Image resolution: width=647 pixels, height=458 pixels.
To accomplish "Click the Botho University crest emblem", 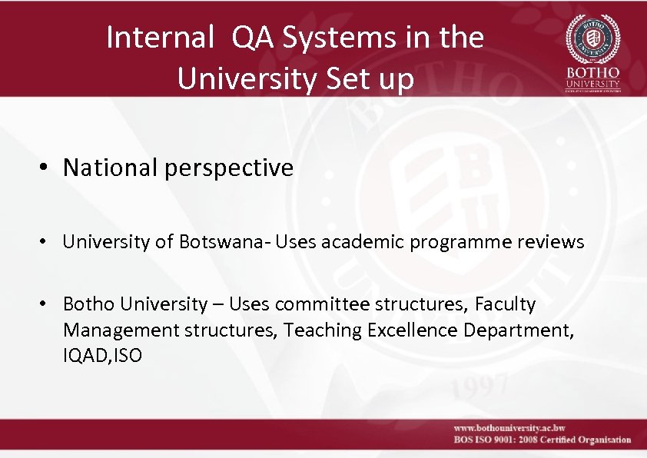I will (592, 38).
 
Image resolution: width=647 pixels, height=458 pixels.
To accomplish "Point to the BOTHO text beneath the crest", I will (592, 72).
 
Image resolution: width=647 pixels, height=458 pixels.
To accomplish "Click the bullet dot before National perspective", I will (48, 168).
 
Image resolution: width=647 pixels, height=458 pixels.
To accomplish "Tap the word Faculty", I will (505, 304).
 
